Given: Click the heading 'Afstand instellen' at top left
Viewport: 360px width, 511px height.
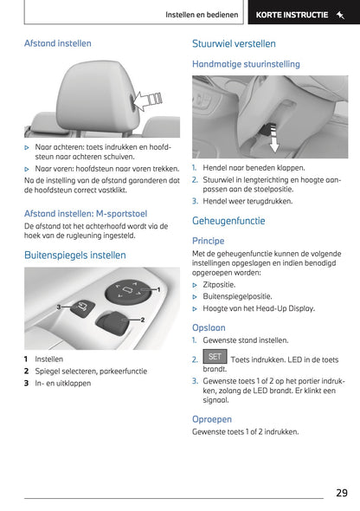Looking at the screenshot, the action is coord(57,43).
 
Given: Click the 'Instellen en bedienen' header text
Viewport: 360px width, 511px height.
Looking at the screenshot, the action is coord(202,15).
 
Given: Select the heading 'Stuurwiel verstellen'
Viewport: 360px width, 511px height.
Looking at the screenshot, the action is coord(234,43).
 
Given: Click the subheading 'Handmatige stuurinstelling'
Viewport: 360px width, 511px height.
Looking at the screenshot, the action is coord(246,64).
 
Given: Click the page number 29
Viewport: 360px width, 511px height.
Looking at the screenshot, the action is coord(342,492).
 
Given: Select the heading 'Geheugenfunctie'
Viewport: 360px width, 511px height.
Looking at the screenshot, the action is coord(228,221).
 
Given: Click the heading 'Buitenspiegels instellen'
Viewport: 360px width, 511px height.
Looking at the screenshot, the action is coord(75,255).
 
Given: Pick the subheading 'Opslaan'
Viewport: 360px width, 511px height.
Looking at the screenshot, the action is coord(209,327).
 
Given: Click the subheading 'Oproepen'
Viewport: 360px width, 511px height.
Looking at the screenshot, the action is coord(212,418).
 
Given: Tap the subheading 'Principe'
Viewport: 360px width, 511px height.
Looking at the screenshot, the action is coord(209,241).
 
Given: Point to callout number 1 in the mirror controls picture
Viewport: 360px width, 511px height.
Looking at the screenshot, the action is coord(158,288).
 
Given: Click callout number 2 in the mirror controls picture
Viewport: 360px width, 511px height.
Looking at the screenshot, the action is coord(141,320).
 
